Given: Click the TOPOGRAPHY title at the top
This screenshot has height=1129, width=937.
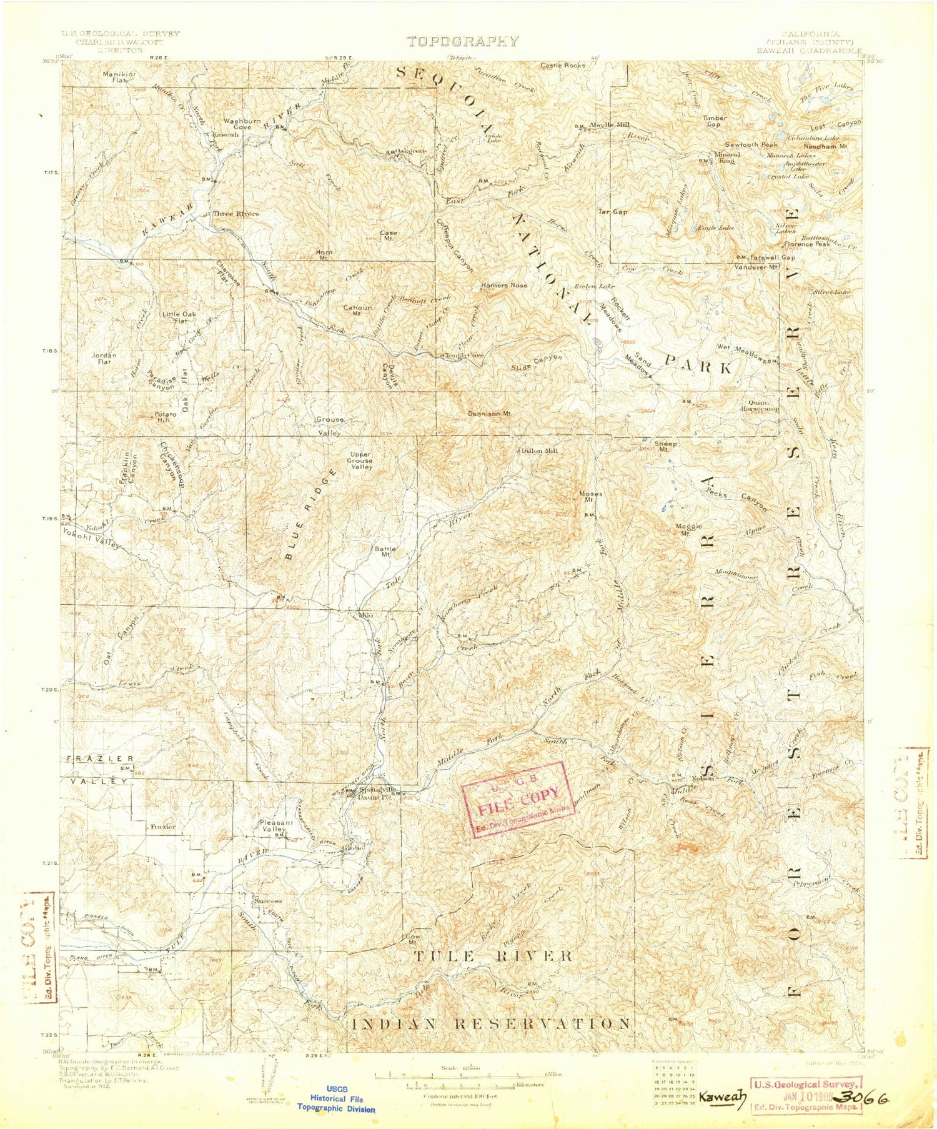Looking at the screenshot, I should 462,42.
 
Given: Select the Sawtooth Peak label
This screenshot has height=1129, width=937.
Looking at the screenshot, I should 751,144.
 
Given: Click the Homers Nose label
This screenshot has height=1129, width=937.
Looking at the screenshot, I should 504,285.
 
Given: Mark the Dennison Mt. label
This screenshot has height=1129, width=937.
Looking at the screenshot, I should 490,414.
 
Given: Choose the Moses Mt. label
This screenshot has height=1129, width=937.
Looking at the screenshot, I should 590,497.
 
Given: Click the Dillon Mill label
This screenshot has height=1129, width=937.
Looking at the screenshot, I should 539,450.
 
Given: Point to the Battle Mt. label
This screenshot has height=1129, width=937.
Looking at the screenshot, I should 384,551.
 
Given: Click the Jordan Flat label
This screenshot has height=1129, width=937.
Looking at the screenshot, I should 104,359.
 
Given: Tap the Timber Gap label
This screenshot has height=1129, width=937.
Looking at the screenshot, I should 714,121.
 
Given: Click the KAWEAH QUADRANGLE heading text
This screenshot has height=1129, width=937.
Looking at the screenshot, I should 809,51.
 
